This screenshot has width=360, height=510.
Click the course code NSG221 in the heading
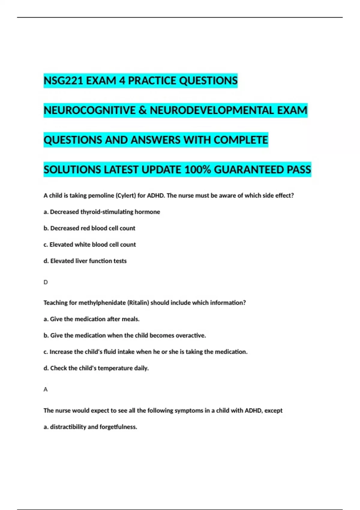coord(63,81)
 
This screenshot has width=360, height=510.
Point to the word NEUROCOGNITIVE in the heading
coord(89,110)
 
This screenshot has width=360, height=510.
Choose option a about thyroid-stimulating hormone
coord(102,212)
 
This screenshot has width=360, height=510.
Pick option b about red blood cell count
coord(89,228)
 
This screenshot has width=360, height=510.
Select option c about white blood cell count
coord(90,244)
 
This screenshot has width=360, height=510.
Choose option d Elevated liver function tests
coord(85,261)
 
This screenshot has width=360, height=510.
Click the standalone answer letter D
coord(46,282)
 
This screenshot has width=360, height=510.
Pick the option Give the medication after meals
coord(91,319)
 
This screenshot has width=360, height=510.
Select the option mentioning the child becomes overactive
coord(125,335)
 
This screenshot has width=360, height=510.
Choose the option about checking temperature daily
coord(96,368)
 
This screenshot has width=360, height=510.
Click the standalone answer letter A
coord(46,389)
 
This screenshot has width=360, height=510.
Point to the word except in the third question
coord(273,410)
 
